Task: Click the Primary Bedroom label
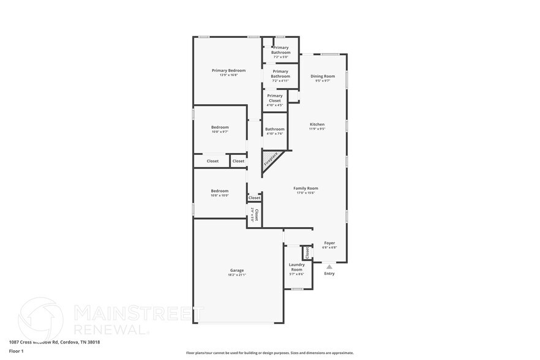pyautogui.click(x=228, y=70)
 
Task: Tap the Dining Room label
pyautogui.click(x=322, y=77)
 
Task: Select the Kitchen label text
pyautogui.click(x=317, y=124)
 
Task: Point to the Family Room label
pyautogui.click(x=306, y=189)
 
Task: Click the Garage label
pyautogui.click(x=236, y=270)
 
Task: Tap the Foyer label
pyautogui.click(x=329, y=243)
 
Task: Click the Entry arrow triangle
pyautogui.click(x=329, y=266)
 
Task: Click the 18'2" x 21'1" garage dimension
pyautogui.click(x=236, y=275)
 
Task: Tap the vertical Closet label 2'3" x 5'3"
pyautogui.click(x=255, y=214)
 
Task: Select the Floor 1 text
pyautogui.click(x=16, y=351)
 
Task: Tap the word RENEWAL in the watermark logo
pyautogui.click(x=111, y=329)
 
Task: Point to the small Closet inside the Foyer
pyautogui.click(x=307, y=252)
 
